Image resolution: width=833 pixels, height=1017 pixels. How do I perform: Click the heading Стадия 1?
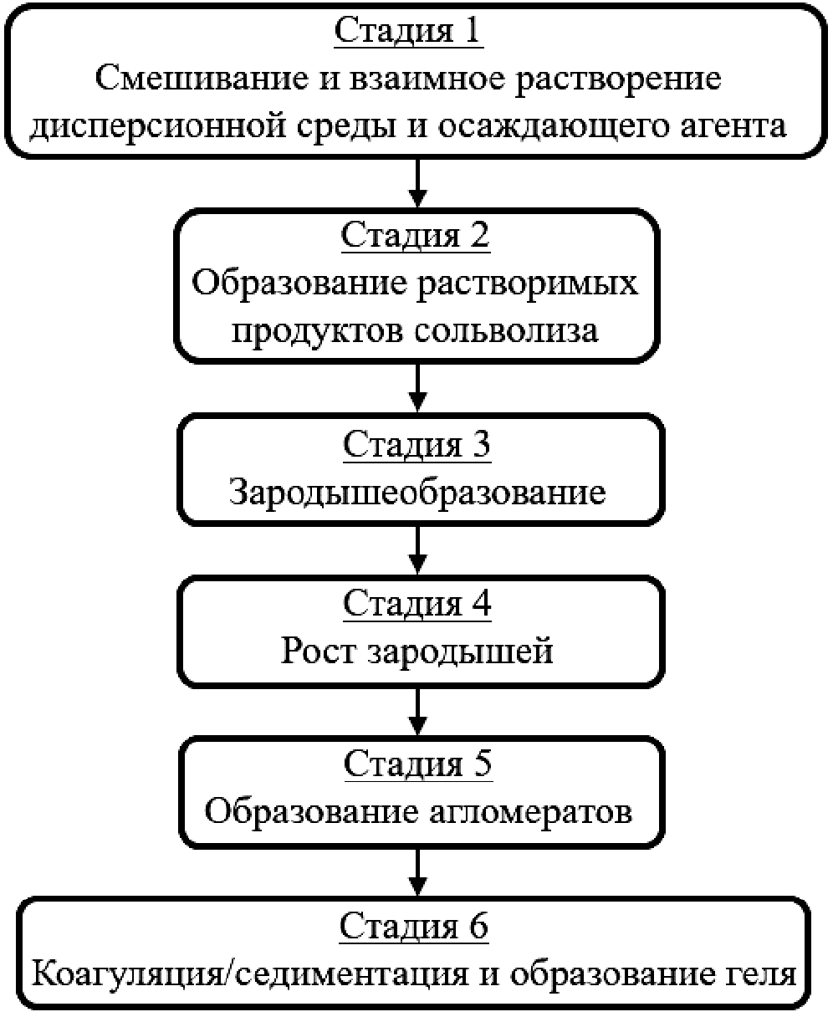pos(409,31)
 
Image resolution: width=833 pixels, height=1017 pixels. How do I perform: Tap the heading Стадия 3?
pos(416,443)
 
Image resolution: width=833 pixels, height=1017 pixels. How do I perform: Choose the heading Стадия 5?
pos(416,763)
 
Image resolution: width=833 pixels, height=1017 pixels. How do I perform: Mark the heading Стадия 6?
pos(413,926)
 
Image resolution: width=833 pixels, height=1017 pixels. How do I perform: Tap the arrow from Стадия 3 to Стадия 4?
pos(416,548)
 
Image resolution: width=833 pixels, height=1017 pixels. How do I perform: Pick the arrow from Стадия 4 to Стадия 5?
pos(416,709)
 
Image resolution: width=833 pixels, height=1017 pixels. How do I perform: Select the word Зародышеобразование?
pos(416,493)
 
